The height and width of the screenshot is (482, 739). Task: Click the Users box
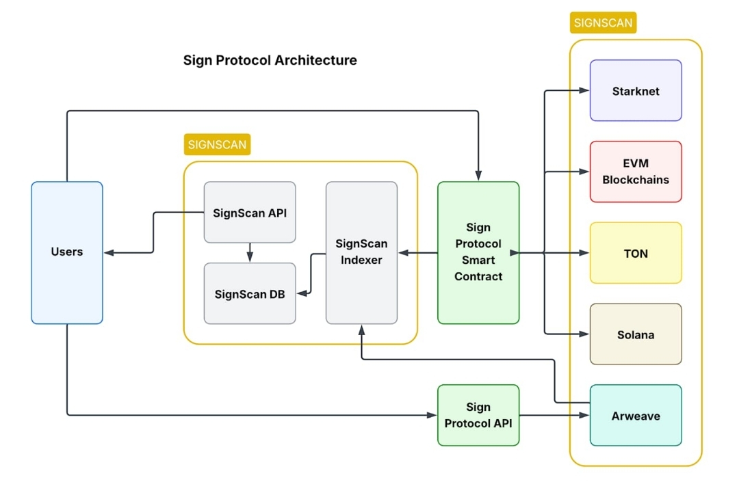coord(67,252)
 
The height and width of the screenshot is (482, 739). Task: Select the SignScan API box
coord(250,212)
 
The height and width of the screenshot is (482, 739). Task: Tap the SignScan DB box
coord(250,294)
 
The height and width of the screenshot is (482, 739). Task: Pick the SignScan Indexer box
coord(361,252)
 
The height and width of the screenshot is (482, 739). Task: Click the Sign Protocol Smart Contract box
coord(478,252)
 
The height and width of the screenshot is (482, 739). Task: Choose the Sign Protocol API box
coord(478,415)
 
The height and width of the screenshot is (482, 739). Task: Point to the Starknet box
coord(636,91)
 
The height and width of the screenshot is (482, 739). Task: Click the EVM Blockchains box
coord(636,172)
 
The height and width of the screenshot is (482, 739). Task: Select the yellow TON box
coord(636,253)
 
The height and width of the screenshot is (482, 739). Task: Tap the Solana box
coord(636,334)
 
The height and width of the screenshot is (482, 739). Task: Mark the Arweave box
coord(636,415)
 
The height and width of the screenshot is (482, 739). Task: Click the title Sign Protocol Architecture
coord(270,60)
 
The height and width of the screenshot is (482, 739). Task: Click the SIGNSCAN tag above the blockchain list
coord(603,23)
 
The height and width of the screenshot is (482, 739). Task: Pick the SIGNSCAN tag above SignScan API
coord(217,144)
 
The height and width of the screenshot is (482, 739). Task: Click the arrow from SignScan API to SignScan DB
coord(250,252)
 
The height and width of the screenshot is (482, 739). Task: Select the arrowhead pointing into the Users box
coord(109,253)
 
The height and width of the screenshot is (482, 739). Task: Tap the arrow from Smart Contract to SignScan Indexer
coord(417,253)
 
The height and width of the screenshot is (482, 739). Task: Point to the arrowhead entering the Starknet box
coord(584,91)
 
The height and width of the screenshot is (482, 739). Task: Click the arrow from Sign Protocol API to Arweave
coord(554,415)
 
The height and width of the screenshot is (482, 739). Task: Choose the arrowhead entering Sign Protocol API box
coord(432,414)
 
